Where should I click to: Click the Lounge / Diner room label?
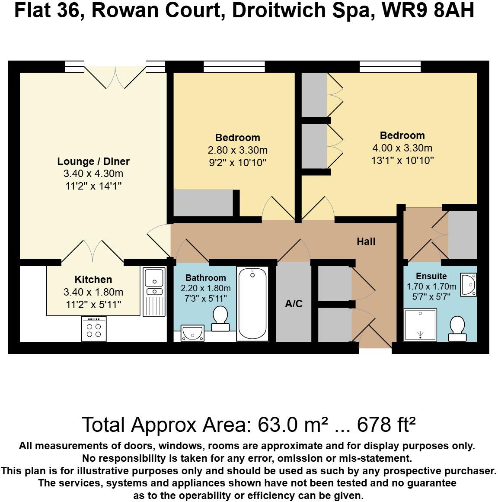tap(93, 161)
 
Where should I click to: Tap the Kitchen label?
tap(93, 280)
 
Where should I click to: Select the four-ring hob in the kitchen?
tap(94, 329)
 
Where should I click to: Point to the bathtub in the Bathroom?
tap(253, 303)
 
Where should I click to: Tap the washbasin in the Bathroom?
tap(193, 333)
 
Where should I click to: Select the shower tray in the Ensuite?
tap(420, 324)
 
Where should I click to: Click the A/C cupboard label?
tap(294, 304)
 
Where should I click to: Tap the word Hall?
tap(366, 241)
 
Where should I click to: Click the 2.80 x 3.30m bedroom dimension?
tap(238, 151)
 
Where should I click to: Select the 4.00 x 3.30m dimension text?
tap(402, 148)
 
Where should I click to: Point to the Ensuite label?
tap(431, 276)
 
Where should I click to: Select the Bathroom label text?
tap(206, 278)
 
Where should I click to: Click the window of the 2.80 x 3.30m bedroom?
tap(234, 66)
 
